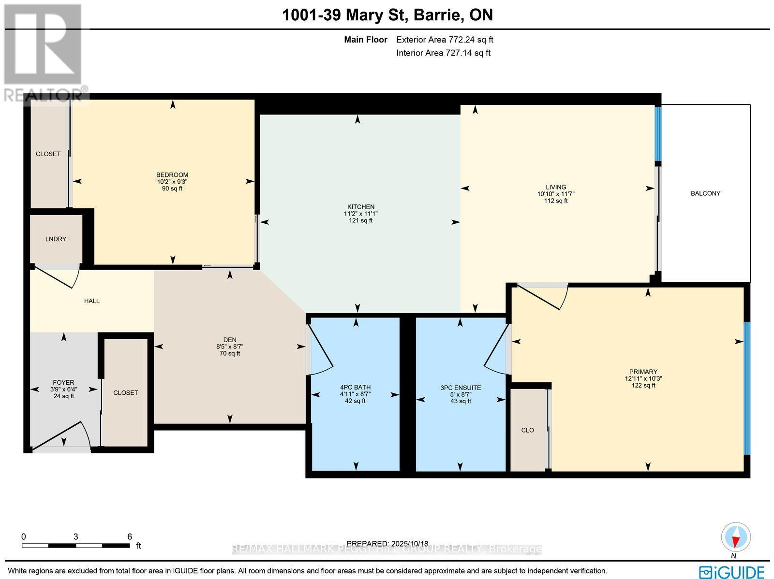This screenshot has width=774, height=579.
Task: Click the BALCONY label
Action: [x=705, y=193]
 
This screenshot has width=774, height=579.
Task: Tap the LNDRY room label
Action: [x=56, y=239]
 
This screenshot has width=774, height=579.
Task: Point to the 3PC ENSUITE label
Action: [x=461, y=388]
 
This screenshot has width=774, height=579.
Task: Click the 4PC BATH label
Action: [x=355, y=387]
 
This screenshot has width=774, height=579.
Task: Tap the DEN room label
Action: [x=230, y=340]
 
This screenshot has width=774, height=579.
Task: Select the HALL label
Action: [x=92, y=301]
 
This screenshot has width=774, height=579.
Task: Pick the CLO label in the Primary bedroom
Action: [x=527, y=430]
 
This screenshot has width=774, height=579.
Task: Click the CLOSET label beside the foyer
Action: [x=126, y=393]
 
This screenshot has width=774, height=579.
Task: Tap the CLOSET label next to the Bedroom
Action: [x=48, y=154]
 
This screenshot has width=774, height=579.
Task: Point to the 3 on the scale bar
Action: [x=76, y=536]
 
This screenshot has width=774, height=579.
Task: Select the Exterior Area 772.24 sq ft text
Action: [x=445, y=40]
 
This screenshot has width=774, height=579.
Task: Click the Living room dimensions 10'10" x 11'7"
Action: [x=555, y=194]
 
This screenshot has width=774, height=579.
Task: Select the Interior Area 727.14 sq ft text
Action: [x=443, y=53]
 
